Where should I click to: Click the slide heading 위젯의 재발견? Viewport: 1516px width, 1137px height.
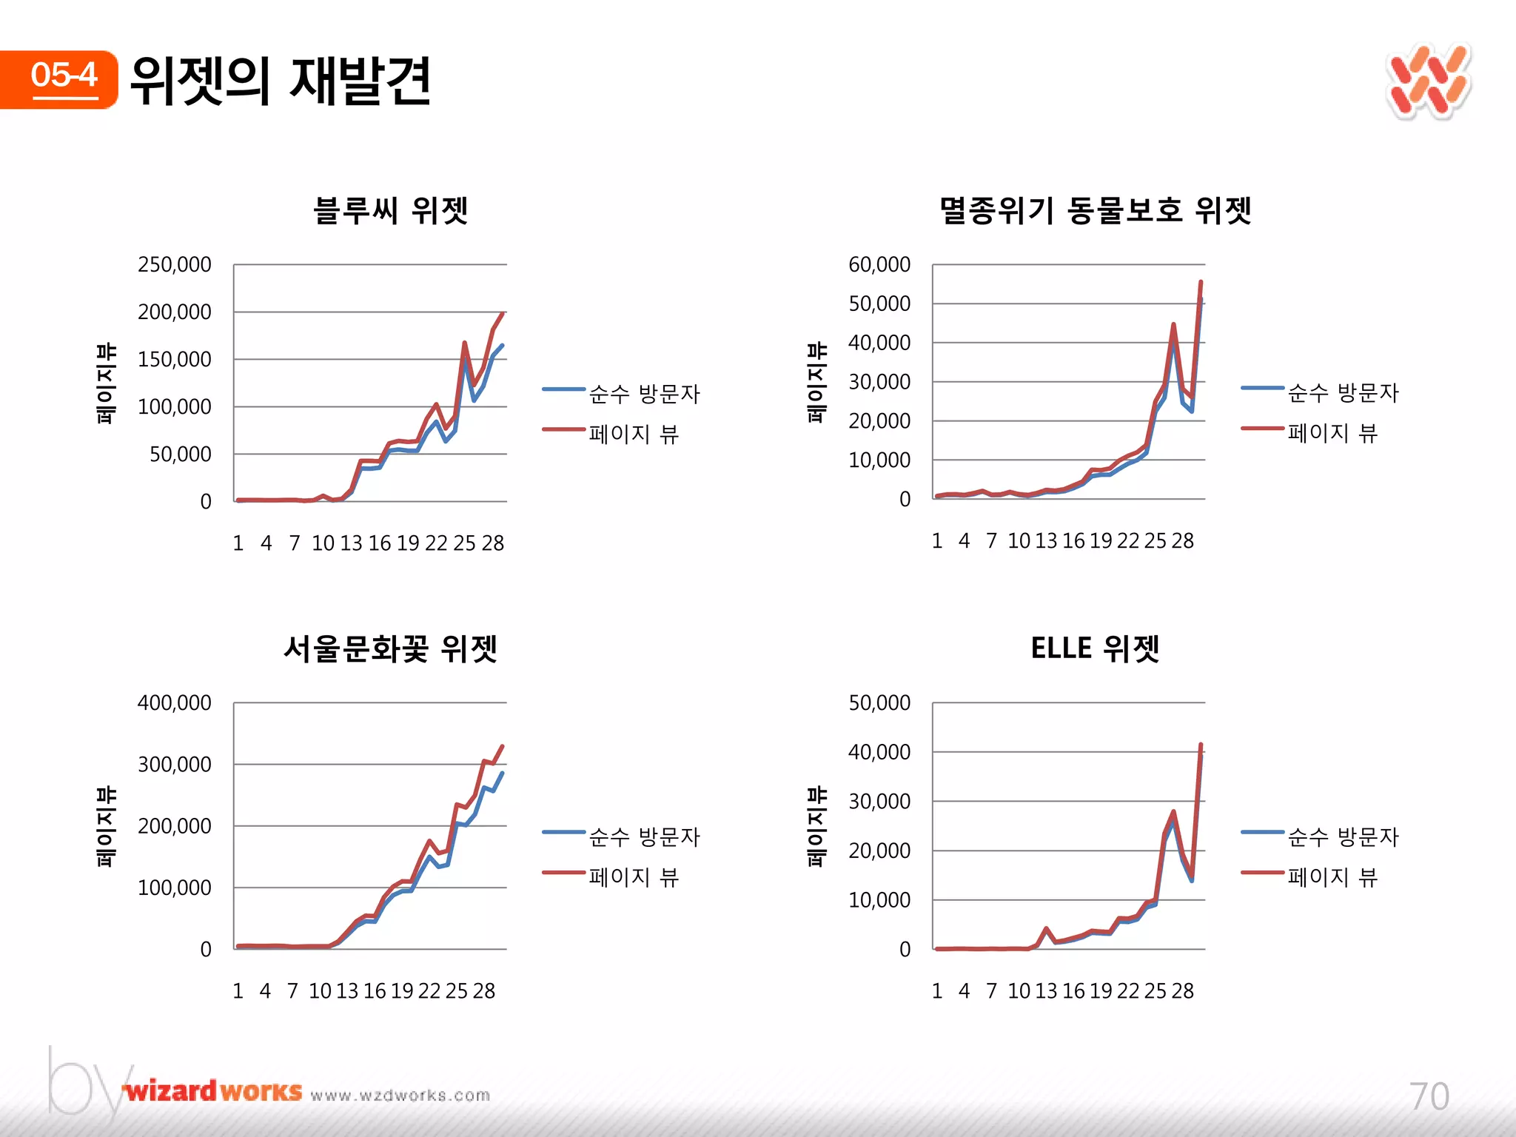click(280, 80)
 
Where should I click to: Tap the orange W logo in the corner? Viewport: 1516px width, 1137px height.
click(1428, 82)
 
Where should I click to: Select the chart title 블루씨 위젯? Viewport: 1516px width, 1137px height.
click(390, 210)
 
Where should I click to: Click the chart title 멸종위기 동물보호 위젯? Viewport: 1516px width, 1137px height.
click(1095, 210)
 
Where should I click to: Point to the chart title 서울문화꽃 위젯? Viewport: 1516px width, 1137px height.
click(390, 648)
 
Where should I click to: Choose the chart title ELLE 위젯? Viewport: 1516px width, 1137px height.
click(1095, 648)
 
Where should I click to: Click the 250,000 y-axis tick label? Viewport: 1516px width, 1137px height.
click(175, 264)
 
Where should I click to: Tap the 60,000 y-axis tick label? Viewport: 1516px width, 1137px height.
click(879, 264)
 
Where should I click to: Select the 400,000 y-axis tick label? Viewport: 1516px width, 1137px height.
click(175, 702)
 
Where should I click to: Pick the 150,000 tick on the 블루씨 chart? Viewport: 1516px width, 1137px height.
click(175, 359)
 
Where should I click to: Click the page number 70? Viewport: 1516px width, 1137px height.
click(1429, 1096)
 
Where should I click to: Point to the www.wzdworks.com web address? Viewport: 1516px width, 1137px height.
click(400, 1096)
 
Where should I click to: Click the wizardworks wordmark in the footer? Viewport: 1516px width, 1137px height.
click(213, 1091)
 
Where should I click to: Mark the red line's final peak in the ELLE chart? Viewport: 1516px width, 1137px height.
click(1201, 745)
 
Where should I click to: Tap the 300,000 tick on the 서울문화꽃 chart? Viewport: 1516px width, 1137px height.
click(175, 764)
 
